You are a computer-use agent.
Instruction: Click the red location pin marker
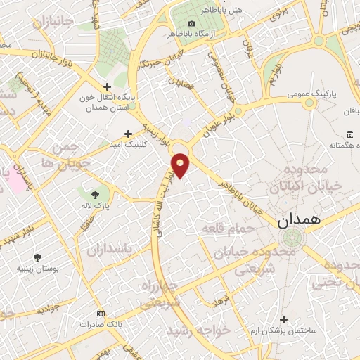(181, 165)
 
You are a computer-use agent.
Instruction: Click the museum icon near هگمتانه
(349, 134)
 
